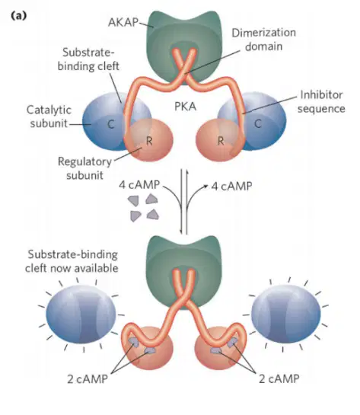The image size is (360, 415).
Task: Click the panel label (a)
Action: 18,16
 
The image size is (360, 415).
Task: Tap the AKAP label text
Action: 123,22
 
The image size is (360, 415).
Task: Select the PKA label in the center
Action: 185,107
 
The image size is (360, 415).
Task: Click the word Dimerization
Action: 263,33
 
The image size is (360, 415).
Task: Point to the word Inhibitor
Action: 321,94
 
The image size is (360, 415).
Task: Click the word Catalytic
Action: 49,110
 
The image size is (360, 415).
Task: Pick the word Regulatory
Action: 84,161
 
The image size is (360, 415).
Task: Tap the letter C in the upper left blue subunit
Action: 111,124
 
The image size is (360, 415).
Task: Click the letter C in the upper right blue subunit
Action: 258,123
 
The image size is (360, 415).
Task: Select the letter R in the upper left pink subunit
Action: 149,141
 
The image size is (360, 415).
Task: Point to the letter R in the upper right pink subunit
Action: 221,141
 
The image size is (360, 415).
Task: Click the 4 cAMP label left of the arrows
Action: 139,184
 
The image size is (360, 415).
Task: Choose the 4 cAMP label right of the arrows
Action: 231,186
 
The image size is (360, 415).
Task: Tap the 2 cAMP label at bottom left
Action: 88,379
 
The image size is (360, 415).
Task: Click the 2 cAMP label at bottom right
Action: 279,378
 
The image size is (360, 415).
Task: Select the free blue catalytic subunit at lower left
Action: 81,314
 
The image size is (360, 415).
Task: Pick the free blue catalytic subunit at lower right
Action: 285,314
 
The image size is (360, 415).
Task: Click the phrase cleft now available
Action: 72,268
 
